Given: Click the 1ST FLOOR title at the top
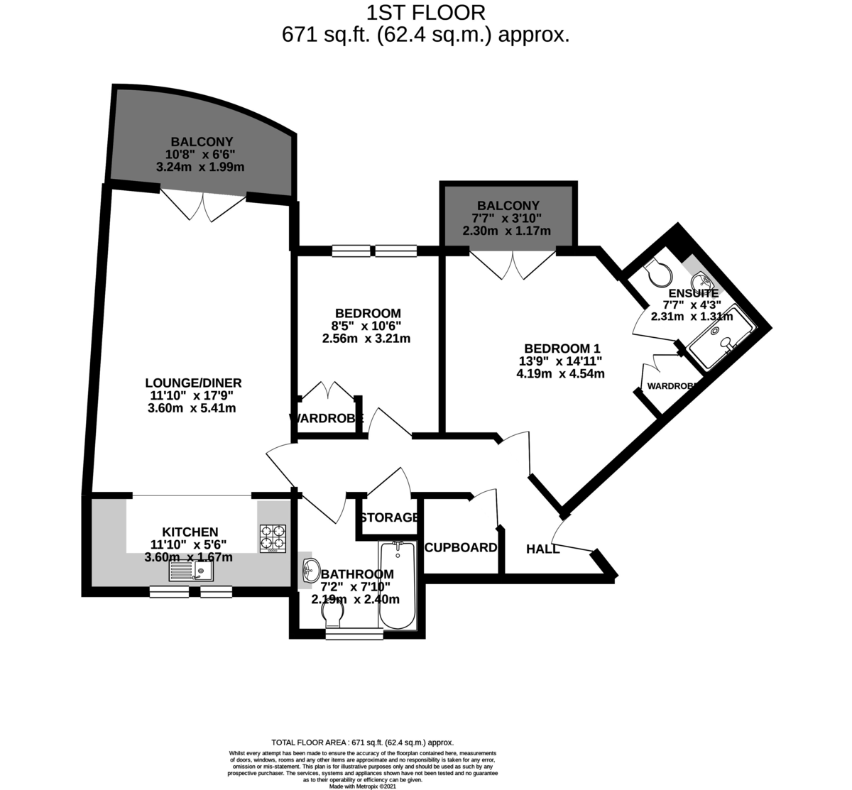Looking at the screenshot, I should coord(425,12).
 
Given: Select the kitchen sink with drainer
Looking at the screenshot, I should coord(190,571).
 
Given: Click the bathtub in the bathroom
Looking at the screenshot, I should coord(397,586).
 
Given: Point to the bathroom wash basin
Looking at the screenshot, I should coord(311,569).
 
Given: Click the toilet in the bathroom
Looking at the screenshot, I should coord(334,620).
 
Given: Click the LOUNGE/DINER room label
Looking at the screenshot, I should coord(189,383).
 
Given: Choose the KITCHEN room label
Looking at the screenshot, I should coord(190,532).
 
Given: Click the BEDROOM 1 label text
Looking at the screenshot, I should coord(562,349).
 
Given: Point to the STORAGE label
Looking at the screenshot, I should coord(388,517).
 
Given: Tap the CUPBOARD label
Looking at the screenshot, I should coord(460,547).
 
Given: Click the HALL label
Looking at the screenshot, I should coord(542,549).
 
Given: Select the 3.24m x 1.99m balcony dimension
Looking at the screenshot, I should coord(200,167).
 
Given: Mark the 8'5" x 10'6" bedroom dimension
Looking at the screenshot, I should coord(367,326).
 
